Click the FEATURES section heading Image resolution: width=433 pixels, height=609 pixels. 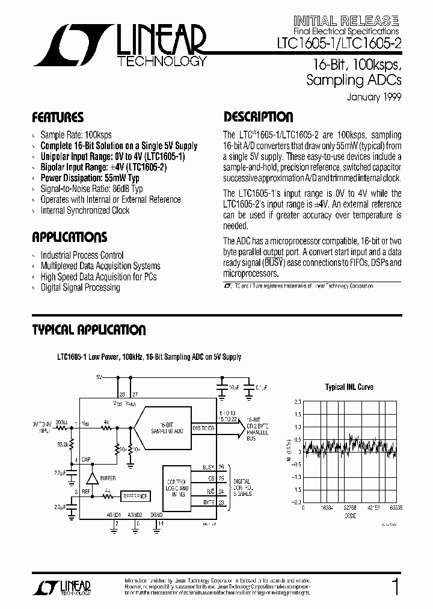57,117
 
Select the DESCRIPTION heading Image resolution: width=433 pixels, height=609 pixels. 259,117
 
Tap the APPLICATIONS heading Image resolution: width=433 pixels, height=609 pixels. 69,237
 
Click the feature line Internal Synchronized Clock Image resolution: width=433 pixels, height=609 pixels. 85,211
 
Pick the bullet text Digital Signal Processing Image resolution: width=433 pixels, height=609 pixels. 80,288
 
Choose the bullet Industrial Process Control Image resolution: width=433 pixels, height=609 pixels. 82,255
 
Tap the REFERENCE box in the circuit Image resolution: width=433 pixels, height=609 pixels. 135,496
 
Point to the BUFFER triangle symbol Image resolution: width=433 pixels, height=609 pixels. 92,478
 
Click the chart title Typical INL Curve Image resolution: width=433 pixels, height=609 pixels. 349,387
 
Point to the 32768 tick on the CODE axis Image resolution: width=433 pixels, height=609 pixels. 349,507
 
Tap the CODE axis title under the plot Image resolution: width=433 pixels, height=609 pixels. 349,515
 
